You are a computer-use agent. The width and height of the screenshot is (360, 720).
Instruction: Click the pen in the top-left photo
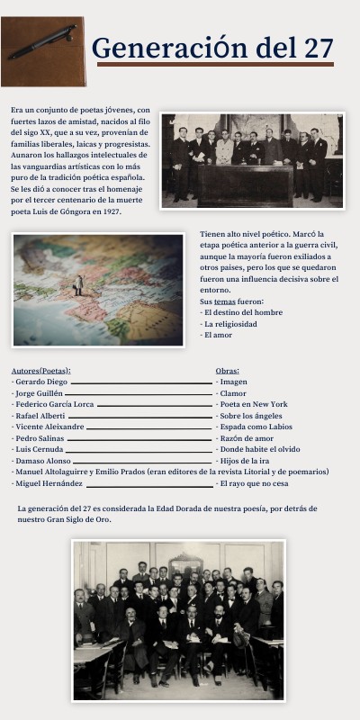pyautogui.click(x=42, y=41)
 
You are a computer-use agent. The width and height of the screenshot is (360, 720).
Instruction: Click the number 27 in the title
pyautogui.click(x=319, y=48)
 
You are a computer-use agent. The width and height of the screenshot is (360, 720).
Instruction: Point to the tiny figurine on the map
pyautogui.click(x=78, y=283)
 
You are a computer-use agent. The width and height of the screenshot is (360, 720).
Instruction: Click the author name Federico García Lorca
pyautogui.click(x=54, y=404)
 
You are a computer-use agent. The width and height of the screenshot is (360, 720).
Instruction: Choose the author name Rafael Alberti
pyautogui.click(x=40, y=416)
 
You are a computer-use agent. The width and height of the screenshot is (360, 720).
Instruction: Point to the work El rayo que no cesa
pyautogui.click(x=255, y=483)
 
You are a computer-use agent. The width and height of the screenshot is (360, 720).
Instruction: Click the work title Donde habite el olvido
pyautogui.click(x=259, y=449)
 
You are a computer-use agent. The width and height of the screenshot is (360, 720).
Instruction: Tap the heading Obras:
pyautogui.click(x=227, y=370)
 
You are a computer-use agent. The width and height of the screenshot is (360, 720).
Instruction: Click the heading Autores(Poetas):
pyautogui.click(x=40, y=370)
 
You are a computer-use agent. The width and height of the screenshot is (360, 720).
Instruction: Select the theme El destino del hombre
pyautogui.click(x=242, y=312)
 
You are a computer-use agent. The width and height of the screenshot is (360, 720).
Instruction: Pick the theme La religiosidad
pyautogui.click(x=231, y=323)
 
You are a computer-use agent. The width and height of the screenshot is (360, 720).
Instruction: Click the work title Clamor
pyautogui.click(x=233, y=393)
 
